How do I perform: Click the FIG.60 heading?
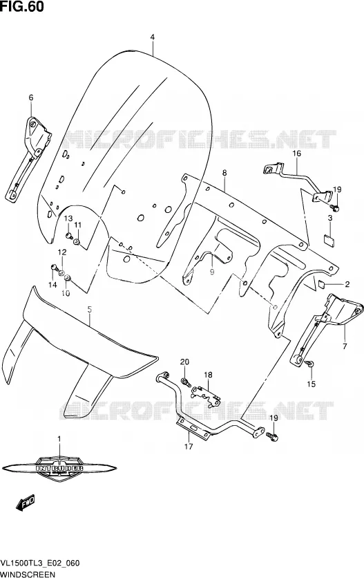(21, 6)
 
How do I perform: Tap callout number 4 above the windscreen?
(152, 37)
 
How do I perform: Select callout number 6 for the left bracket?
(31, 97)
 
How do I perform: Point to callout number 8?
(224, 173)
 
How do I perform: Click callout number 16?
(296, 153)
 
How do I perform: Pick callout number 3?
(330, 218)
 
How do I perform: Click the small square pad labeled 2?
(322, 284)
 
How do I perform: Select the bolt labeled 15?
(310, 364)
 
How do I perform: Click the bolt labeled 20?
(185, 382)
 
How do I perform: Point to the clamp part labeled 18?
(205, 395)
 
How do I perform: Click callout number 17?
(189, 447)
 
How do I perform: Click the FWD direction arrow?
(26, 502)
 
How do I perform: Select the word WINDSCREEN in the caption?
(28, 575)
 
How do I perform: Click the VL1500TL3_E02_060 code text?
(41, 564)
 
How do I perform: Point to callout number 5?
(90, 310)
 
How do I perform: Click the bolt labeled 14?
(54, 267)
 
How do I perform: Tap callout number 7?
(345, 346)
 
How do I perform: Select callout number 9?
(212, 272)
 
